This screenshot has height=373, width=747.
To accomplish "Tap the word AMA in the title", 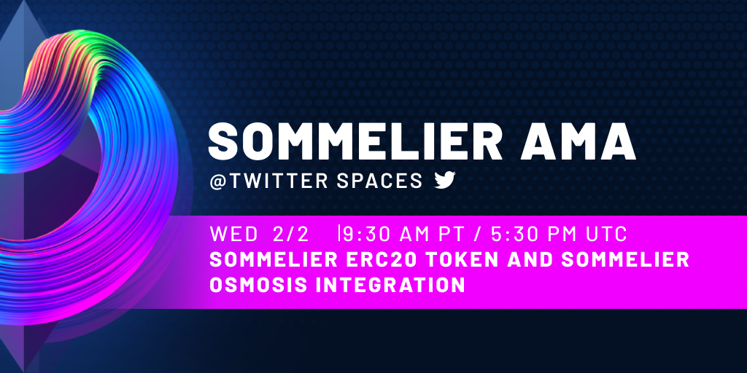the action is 578,142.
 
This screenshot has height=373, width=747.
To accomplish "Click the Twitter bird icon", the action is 445,181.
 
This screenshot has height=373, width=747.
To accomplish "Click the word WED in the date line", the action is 233,234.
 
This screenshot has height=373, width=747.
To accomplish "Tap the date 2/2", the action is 291,234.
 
